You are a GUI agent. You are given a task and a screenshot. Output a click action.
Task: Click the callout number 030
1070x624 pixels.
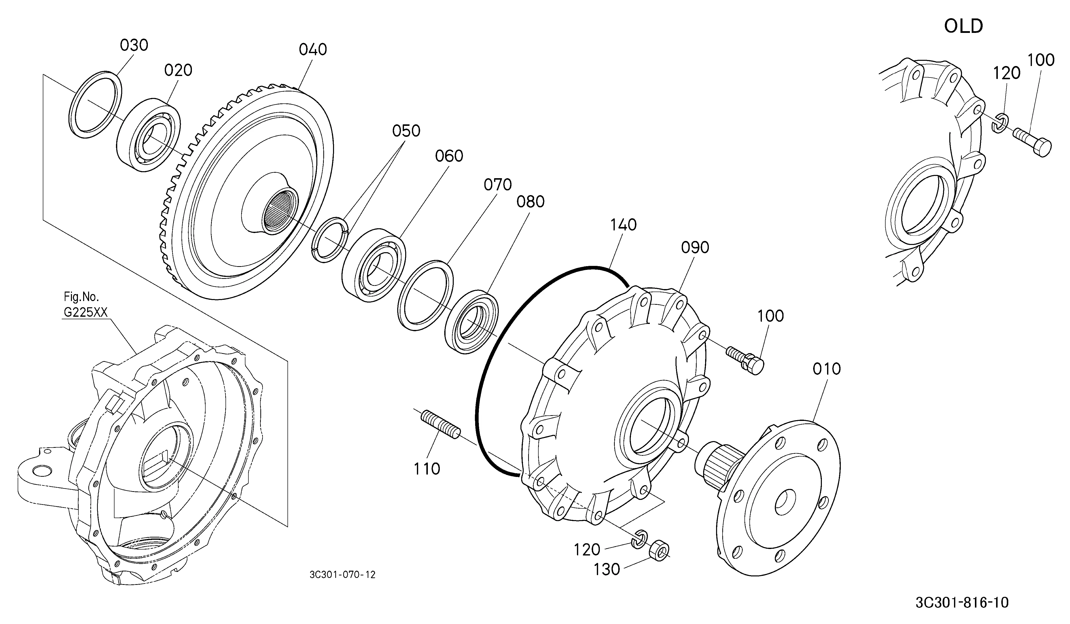pyautogui.click(x=134, y=45)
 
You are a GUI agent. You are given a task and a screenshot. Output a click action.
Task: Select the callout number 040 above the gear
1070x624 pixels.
pyautogui.click(x=313, y=50)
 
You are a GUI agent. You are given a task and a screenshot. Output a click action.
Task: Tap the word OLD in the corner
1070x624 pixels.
pyautogui.click(x=963, y=26)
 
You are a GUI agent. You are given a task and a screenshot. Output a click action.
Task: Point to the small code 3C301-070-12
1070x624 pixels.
pyautogui.click(x=343, y=575)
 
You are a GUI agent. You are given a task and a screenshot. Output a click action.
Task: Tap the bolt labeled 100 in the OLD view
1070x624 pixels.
pyautogui.click(x=1032, y=143)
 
